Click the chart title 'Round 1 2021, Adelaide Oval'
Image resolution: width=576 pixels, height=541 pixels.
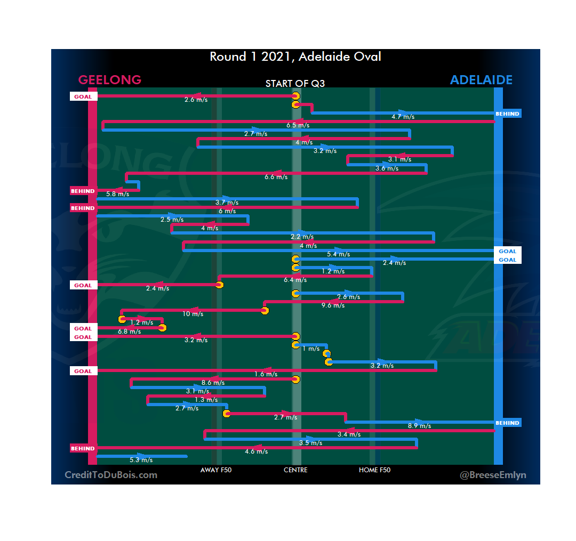coord(295,56)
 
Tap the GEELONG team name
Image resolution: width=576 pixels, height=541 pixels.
coord(110,80)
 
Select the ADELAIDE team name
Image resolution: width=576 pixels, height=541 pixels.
coord(481,80)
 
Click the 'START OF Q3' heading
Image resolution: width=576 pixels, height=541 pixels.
coord(295,84)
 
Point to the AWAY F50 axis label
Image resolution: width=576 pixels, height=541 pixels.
coord(216,470)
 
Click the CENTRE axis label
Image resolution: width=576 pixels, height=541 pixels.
coord(295,470)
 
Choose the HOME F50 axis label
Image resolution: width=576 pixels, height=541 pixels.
coord(374,470)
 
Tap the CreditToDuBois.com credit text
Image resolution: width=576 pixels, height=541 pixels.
coord(111,475)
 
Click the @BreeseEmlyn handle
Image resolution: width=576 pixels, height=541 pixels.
coord(493,475)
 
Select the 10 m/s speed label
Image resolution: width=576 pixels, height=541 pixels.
coord(193,314)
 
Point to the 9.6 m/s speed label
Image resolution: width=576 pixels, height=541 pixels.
coord(333,305)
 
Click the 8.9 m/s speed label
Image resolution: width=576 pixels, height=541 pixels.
coord(419,426)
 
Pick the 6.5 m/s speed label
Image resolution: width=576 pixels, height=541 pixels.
coord(298,125)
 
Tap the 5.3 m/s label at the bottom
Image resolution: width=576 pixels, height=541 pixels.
coord(141,460)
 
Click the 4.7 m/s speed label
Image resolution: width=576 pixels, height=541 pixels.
coord(403,117)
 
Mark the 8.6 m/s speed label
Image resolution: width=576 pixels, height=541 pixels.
coord(213,383)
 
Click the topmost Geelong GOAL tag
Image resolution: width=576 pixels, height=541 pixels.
coord(83,97)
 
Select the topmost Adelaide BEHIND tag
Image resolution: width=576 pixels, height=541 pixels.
coord(507,114)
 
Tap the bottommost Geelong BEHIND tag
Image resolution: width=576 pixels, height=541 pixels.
coord(83,449)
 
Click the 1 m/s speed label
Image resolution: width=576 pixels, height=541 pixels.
coord(311,349)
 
